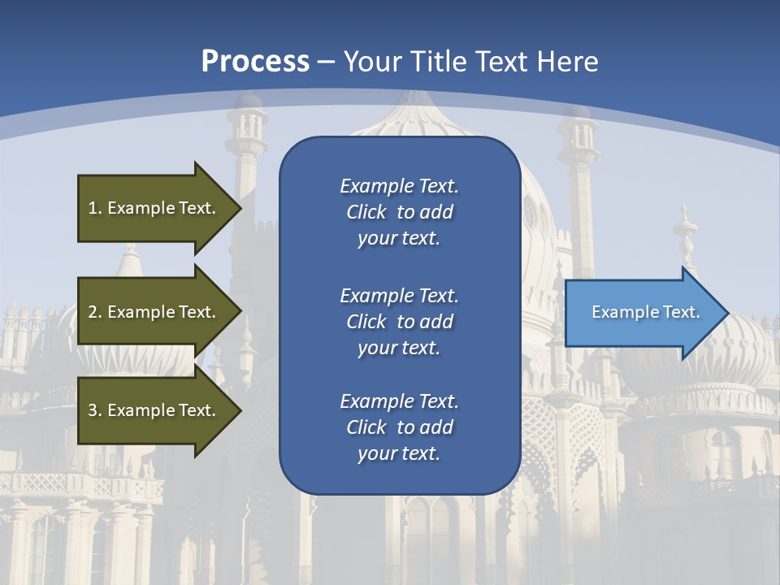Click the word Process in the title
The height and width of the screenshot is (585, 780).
point(255,61)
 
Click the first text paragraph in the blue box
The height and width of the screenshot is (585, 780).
point(399,212)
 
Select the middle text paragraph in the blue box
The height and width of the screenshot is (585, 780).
point(399,322)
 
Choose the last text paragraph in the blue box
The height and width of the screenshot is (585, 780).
point(399,427)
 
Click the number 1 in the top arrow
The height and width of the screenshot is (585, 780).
point(93,208)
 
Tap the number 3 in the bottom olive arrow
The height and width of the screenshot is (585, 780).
point(93,410)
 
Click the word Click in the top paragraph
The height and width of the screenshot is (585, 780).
point(366,212)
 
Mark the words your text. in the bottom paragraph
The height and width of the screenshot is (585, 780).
point(399,453)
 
